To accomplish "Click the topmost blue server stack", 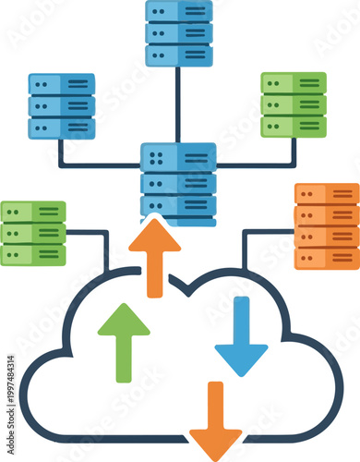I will pos(178,33).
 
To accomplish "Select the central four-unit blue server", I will pos(178,184).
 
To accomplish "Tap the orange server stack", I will pos(327,226).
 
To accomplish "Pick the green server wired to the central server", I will pos(294,104).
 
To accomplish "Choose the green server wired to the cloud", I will pos(33,233).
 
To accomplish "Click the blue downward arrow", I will pos(241,336).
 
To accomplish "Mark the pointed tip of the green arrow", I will pos(124,306).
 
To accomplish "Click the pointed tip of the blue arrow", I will pos(241,374).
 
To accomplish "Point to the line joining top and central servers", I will pos(178,104).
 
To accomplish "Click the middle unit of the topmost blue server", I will pos(178,33).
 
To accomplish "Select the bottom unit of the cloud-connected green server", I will pos(33,253).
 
